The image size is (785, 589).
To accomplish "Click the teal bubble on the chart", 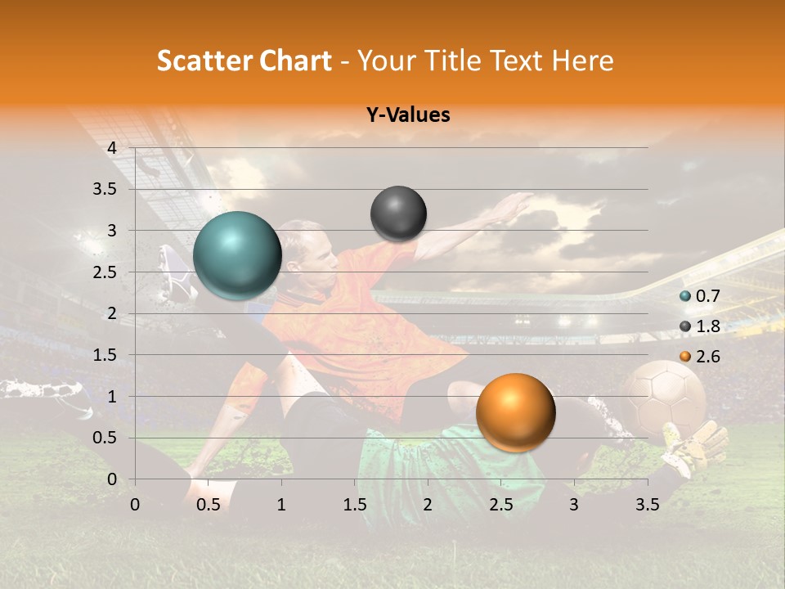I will click(x=237, y=255).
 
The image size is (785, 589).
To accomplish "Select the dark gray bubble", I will click(x=398, y=214).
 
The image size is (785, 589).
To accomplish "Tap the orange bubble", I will click(x=515, y=412).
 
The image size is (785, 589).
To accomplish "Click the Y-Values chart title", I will click(x=407, y=115).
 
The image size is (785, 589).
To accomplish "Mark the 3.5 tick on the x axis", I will click(x=647, y=505).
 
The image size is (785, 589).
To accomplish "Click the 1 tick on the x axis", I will click(x=281, y=505).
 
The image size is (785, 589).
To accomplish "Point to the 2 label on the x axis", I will click(x=428, y=505).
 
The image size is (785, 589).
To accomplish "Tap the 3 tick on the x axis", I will click(x=574, y=505).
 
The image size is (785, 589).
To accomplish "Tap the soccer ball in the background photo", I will click(x=665, y=398).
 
